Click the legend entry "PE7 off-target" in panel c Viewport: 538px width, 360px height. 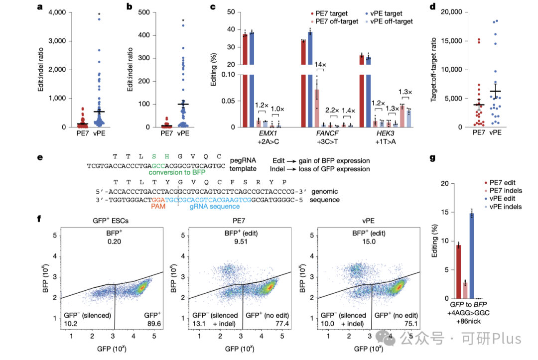click(x=334, y=21)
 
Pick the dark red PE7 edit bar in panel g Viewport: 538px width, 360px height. click(x=458, y=271)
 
